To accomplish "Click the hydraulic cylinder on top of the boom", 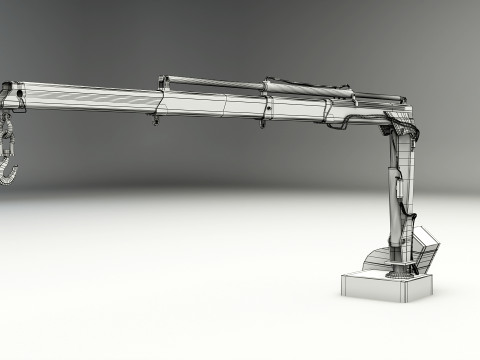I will tap(300, 88).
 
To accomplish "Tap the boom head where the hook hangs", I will tap(14, 95).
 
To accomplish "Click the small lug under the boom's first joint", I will tap(156, 119).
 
